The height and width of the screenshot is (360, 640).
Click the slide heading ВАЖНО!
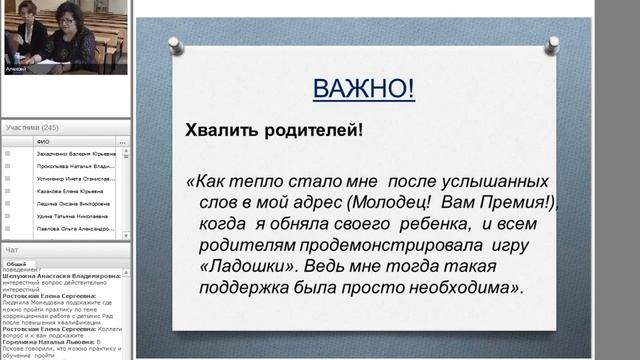tap(363, 89)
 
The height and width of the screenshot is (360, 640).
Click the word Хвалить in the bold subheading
tap(218, 130)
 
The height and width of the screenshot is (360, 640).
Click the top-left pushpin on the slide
tap(174, 45)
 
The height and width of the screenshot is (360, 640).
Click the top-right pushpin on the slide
tap(553, 45)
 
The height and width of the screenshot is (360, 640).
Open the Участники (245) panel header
tap(32, 128)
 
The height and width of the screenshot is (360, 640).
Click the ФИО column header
tap(43, 142)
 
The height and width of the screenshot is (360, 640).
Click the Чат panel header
tap(12, 249)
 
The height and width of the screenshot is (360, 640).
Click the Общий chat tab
tap(18, 263)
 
